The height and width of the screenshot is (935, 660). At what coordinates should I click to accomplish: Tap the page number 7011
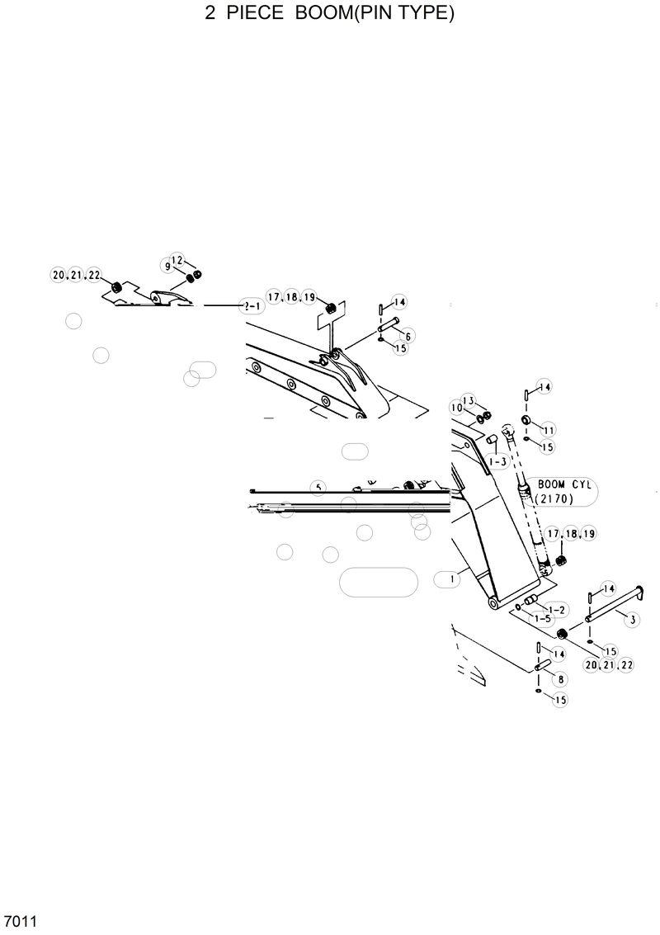click(19, 920)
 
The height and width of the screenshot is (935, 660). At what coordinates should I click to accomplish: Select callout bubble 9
click(167, 267)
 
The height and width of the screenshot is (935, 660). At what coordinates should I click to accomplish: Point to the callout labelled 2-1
click(251, 305)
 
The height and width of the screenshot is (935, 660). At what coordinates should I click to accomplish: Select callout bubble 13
click(467, 400)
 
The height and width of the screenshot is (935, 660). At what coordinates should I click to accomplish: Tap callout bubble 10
click(456, 408)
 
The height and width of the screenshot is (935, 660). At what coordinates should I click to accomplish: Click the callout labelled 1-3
click(497, 462)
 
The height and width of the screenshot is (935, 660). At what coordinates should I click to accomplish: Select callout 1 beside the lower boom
click(452, 580)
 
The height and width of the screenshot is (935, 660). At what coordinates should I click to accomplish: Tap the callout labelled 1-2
click(558, 609)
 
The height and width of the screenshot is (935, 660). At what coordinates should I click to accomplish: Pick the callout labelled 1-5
click(542, 618)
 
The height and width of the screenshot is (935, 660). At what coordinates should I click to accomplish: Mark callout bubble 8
click(562, 679)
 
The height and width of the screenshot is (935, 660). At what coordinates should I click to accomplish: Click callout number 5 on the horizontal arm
click(318, 487)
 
